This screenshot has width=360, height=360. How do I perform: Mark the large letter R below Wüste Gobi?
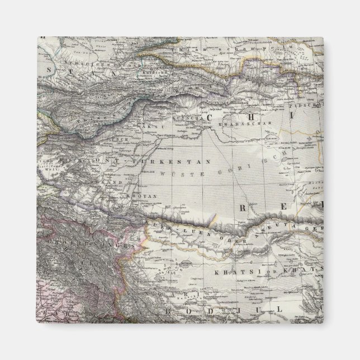(244, 207)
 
